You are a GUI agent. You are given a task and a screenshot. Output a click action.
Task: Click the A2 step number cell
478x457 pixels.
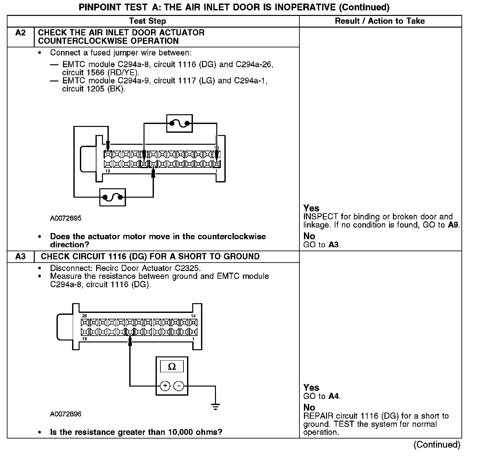pos(20,33)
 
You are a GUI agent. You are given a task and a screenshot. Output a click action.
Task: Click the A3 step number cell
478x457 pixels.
pos(20,256)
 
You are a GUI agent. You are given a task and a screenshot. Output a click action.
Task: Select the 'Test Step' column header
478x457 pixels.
pos(147,21)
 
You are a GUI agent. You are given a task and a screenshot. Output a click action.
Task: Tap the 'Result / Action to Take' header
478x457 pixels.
pos(380,21)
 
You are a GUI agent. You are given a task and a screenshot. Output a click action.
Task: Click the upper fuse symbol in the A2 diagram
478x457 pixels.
pos(180,123)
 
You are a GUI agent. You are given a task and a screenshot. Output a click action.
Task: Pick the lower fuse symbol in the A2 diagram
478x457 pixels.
pos(112,197)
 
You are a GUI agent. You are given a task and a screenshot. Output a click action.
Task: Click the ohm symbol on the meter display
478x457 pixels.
pos(172,367)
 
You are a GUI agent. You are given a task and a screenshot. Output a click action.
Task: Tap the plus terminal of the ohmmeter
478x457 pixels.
pos(165,386)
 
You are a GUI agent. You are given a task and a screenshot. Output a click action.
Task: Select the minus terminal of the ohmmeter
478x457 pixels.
pos(179,386)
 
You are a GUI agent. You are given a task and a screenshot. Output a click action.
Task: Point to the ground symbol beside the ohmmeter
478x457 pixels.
pos(215,406)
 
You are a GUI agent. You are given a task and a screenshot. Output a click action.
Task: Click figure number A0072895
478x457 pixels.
pos(66,218)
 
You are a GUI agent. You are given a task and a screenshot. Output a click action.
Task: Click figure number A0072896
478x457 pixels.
pos(66,414)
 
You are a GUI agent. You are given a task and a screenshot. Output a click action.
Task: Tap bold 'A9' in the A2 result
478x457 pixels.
pos(453,225)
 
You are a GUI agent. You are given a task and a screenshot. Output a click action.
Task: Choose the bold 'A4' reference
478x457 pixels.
pos(334,396)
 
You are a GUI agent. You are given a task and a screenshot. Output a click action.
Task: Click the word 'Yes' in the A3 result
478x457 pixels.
pos(311,388)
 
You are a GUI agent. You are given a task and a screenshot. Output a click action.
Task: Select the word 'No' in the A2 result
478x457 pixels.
pos(309,236)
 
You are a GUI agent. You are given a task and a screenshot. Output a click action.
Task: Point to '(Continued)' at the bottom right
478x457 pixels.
pos(437,444)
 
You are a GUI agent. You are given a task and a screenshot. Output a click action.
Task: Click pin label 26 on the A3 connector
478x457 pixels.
pos(84,316)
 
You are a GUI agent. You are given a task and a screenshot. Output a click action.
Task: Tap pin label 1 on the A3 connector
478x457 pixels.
pos(194,339)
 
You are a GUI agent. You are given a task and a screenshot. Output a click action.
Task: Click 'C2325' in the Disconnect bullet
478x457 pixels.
pos(189,268)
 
